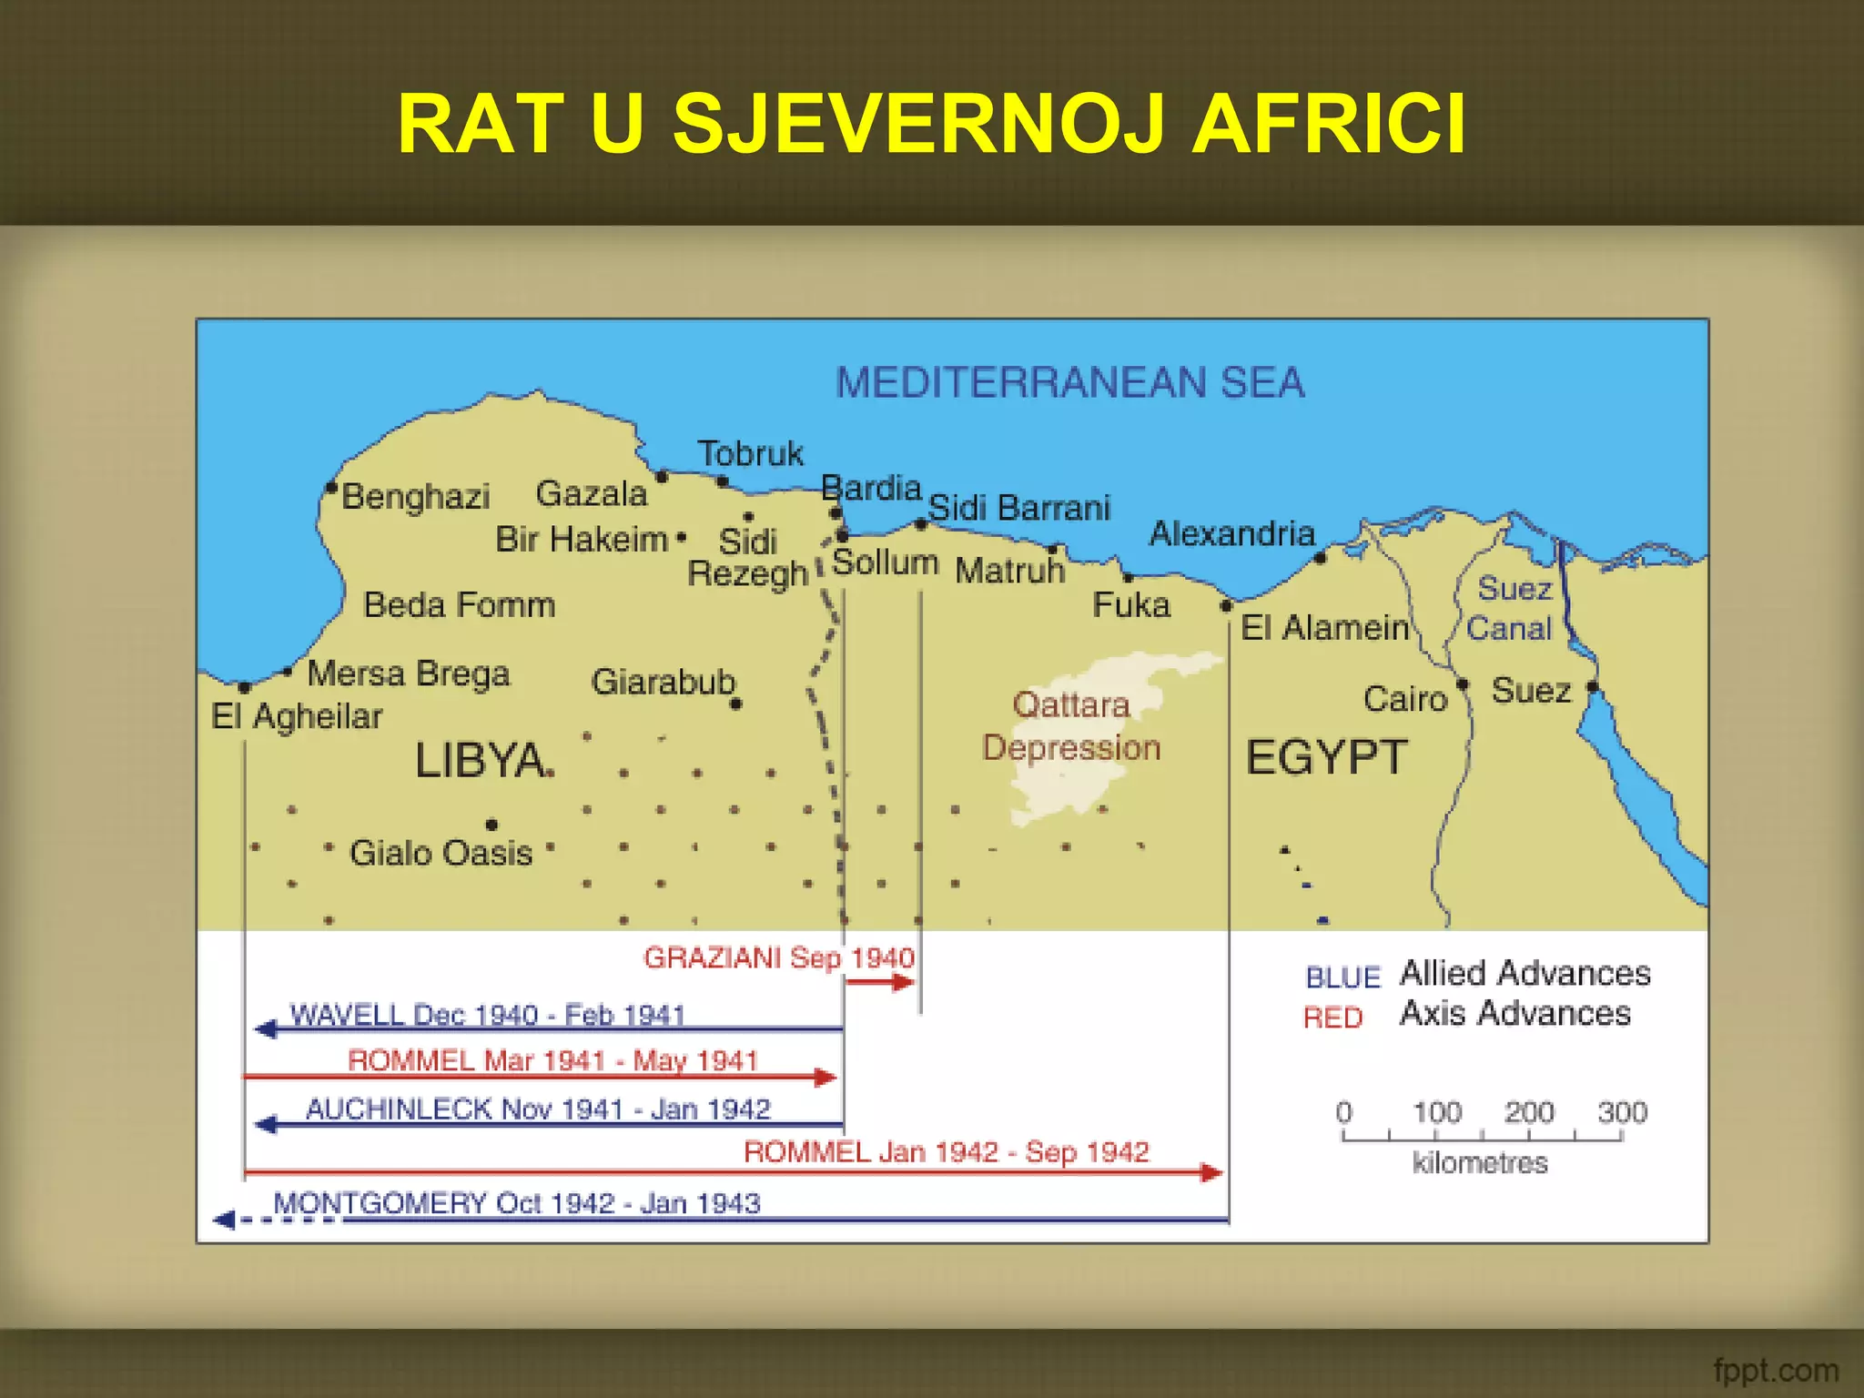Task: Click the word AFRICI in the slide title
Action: [x=1328, y=125]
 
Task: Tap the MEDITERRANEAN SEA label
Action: [x=1070, y=382]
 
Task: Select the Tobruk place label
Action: [x=751, y=453]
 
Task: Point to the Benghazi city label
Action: [x=416, y=497]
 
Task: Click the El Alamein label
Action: [x=1324, y=628]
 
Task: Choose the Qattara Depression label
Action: [x=1071, y=726]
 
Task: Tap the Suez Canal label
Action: [x=1511, y=608]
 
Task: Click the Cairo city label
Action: [x=1404, y=699]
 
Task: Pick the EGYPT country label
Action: [x=1326, y=757]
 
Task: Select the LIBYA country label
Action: [x=480, y=760]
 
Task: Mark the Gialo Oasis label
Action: [x=441, y=853]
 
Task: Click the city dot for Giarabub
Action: [x=735, y=704]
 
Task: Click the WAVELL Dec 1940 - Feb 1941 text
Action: [x=487, y=1014]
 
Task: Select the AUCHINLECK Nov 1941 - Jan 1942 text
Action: [x=538, y=1109]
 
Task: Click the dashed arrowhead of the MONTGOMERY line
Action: [x=224, y=1220]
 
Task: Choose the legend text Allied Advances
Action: [x=1525, y=973]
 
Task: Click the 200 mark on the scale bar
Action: [x=1529, y=1112]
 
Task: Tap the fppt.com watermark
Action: [x=1775, y=1370]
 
